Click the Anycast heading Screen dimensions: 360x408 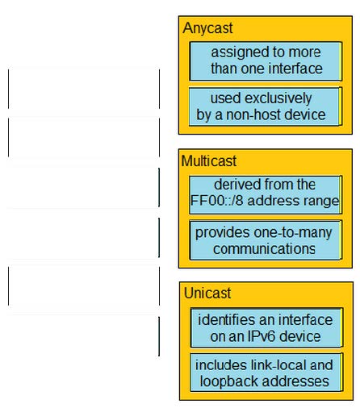coord(207,28)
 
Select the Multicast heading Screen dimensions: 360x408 coord(209,160)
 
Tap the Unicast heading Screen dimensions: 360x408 coord(207,293)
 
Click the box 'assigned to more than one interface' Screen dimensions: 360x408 coord(266,61)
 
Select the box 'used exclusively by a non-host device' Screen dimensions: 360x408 coord(266,106)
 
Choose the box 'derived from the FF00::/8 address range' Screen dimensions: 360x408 coord(266,195)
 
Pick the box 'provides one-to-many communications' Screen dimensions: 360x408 coord(266,240)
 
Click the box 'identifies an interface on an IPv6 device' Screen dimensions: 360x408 coord(266,327)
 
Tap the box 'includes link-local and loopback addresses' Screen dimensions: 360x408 coord(266,373)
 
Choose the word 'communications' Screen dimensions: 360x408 coord(264,248)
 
